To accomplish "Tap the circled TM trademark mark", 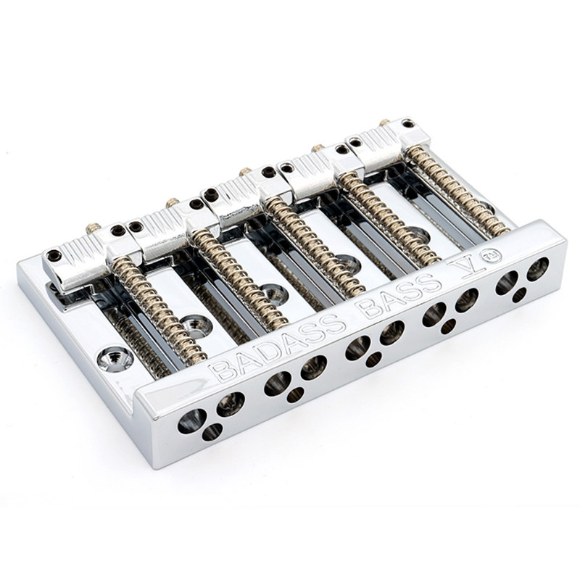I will pos(493,256).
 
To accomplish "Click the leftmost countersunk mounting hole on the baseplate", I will pos(116,357).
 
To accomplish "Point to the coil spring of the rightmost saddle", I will pos(456,191).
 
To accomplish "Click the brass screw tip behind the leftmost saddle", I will pos(93,228).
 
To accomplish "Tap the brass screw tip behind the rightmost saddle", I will pos(384,123).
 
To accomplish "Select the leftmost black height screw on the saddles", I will pos(54,255).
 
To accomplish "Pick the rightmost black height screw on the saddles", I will pos(408,124).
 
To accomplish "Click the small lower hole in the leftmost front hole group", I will pos(212,432).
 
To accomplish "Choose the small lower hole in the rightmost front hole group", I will pos(519,295).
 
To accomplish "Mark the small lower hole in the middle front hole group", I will pos(373,359).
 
